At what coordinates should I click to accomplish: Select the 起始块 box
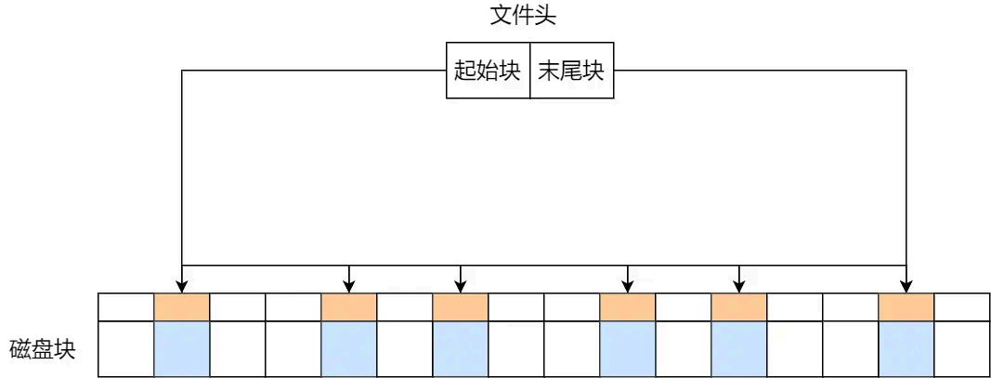488,71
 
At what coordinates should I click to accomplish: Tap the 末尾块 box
571,71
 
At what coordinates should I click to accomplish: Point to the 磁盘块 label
42,349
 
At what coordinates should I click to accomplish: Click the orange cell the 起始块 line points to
182,307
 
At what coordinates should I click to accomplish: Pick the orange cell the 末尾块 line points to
906,307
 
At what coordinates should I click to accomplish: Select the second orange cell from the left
348,307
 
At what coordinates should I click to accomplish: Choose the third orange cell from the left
461,307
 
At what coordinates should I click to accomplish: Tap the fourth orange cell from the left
628,307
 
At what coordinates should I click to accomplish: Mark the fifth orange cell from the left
739,307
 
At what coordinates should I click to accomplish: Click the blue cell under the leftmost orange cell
182,348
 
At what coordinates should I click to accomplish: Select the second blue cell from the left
348,348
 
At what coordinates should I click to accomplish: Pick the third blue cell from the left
461,348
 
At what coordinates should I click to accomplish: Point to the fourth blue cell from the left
628,348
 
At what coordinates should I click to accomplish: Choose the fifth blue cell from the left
739,348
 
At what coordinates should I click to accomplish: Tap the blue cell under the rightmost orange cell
906,348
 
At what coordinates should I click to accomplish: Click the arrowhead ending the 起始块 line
182,286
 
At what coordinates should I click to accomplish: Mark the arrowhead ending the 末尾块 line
906,286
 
